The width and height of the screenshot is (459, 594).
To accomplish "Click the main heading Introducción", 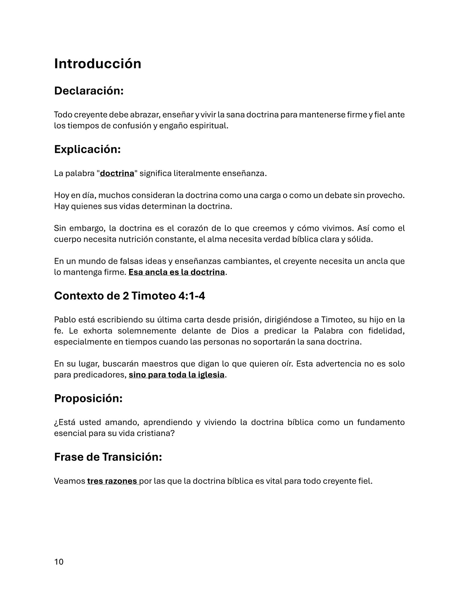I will [x=98, y=64].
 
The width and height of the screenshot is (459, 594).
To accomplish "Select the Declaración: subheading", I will [x=89, y=91].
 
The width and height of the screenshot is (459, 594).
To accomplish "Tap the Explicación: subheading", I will [x=88, y=149].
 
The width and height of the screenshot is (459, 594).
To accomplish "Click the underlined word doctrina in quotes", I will [x=117, y=174].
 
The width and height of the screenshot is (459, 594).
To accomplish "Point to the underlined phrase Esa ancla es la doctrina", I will [x=177, y=272].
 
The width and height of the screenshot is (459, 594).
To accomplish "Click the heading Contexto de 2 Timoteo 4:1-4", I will [x=129, y=296].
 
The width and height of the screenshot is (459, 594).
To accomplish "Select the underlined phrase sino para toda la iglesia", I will [x=177, y=375].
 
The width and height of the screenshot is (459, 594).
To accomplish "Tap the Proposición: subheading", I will [x=88, y=398].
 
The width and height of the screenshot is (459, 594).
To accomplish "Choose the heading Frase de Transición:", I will [x=108, y=457].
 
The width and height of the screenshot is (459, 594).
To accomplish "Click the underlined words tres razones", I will [x=112, y=481].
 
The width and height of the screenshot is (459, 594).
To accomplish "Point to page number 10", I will [x=59, y=562].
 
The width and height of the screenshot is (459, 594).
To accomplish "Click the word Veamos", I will [x=69, y=481].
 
